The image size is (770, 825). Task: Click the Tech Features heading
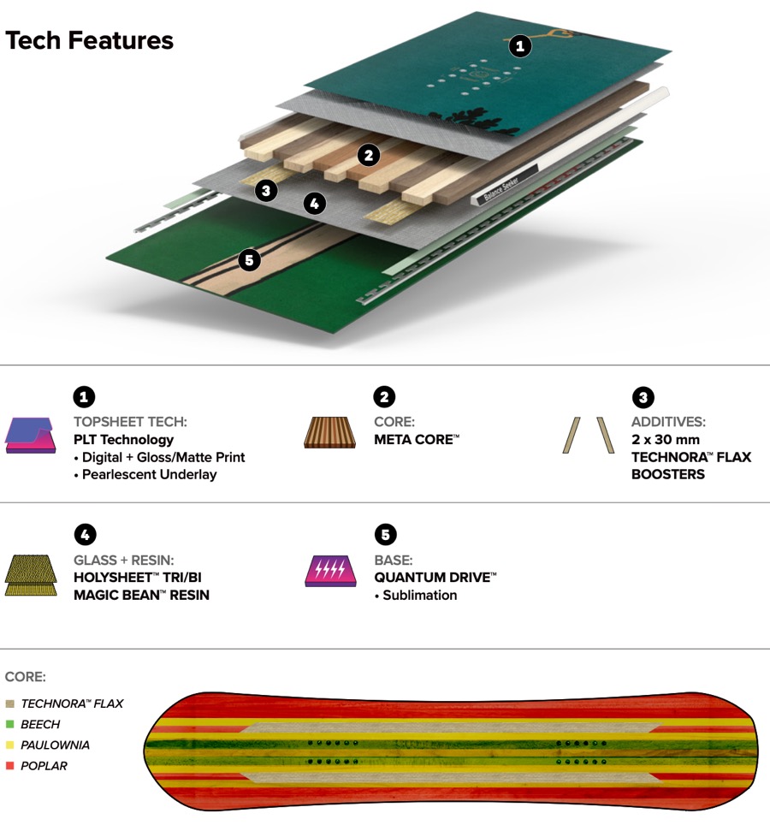tap(90, 40)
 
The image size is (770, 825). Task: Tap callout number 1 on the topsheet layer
tap(520, 46)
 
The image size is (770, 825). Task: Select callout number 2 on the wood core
tap(369, 155)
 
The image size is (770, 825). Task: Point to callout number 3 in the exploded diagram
tap(267, 190)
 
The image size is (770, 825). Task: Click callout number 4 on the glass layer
tap(315, 203)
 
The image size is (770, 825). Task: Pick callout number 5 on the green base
tap(249, 259)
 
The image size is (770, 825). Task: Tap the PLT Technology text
tap(123, 439)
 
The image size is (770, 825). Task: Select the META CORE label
tap(417, 439)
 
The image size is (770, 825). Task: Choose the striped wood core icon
tap(330, 432)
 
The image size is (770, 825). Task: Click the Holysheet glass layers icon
tap(31, 573)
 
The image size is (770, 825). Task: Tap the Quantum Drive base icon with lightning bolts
tap(330, 571)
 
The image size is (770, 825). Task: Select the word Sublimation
tap(419, 595)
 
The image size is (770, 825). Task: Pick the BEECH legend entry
tap(40, 724)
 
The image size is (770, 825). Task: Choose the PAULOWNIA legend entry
tap(55, 745)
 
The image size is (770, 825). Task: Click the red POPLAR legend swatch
tap(9, 766)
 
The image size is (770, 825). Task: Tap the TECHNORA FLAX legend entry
tap(72, 703)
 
